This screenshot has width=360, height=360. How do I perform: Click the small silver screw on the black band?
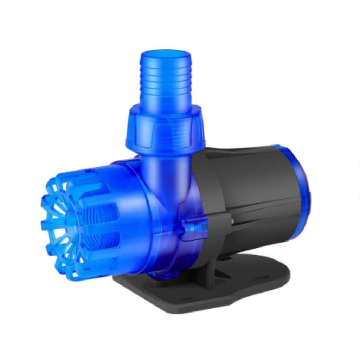(x=232, y=220)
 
